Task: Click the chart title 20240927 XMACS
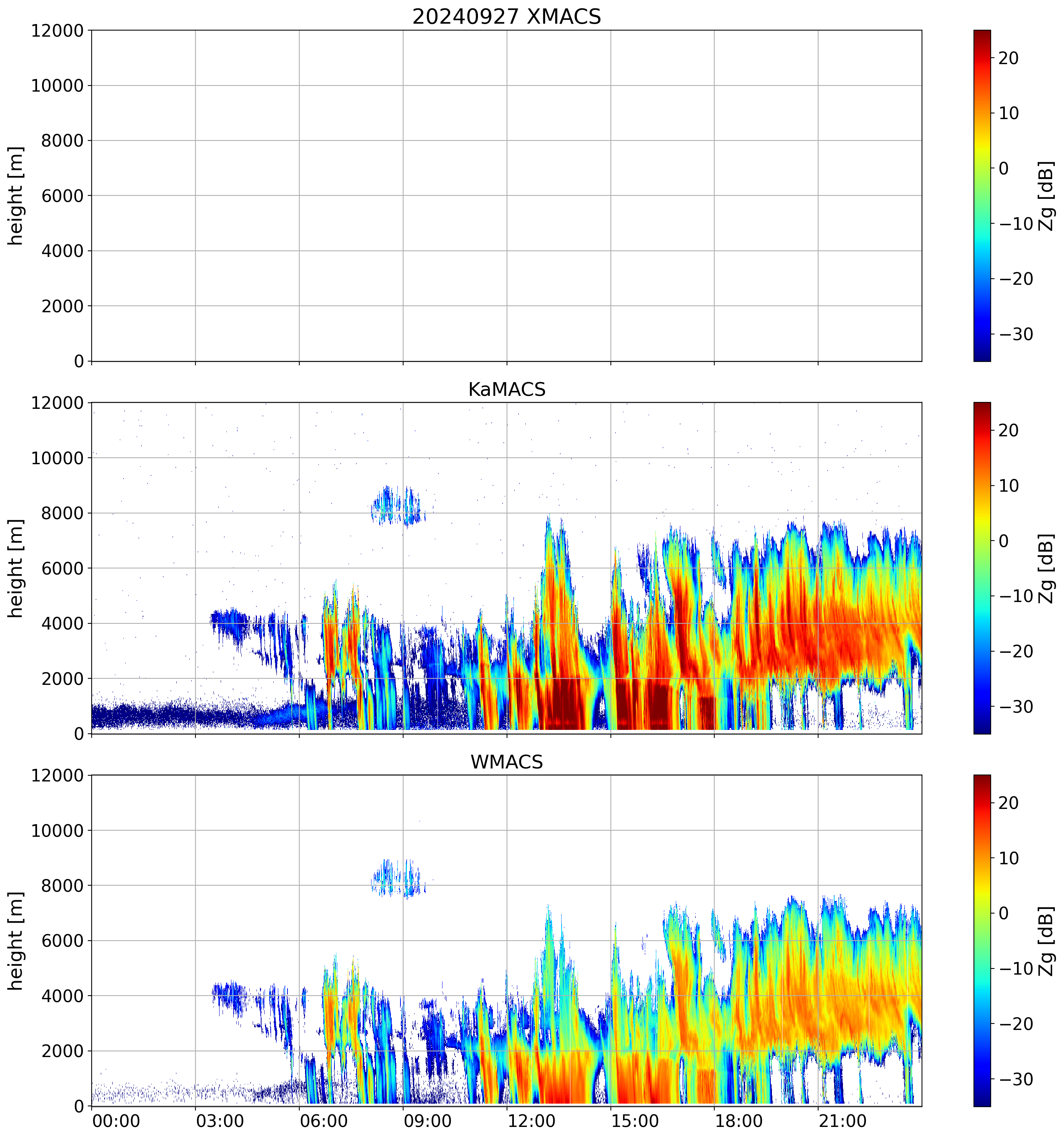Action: pos(507,16)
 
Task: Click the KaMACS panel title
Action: pos(507,389)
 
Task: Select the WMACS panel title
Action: pos(507,762)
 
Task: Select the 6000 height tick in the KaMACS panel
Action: pos(63,568)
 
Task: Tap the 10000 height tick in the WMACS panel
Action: pos(57,831)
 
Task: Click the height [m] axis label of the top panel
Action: pos(16,196)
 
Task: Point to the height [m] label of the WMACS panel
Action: pos(16,941)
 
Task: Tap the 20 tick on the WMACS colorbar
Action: pos(1009,803)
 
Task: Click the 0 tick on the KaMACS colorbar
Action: pos(1003,541)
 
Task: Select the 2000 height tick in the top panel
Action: pos(63,306)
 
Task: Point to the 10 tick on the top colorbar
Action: pos(1009,113)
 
